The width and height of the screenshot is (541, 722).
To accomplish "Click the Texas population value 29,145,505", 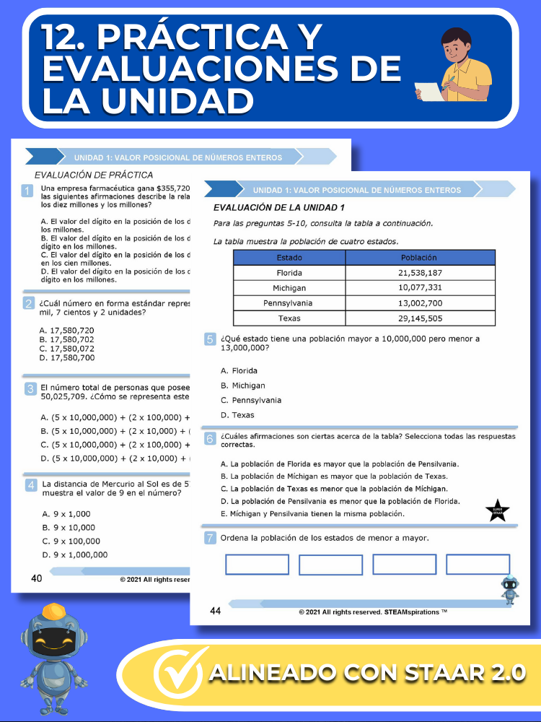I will pyautogui.click(x=420, y=318).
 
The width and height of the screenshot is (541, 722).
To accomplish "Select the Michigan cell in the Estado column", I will pyautogui.click(x=289, y=288).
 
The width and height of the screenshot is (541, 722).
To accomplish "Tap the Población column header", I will pyautogui.click(x=420, y=258).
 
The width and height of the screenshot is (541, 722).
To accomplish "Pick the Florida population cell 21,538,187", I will pyautogui.click(x=420, y=273).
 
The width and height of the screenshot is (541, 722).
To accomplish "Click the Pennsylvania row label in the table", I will pyautogui.click(x=289, y=303).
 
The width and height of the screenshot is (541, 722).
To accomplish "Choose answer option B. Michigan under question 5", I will pyautogui.click(x=243, y=386).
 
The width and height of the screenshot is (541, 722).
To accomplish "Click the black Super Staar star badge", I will pyautogui.click(x=498, y=511).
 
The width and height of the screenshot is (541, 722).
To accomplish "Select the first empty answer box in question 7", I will pyautogui.click(x=257, y=565).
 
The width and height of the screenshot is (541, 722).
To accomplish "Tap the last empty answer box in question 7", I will pyautogui.click(x=478, y=565).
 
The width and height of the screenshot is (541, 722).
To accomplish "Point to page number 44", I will pyautogui.click(x=215, y=612).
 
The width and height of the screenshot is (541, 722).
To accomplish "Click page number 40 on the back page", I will pyautogui.click(x=36, y=578).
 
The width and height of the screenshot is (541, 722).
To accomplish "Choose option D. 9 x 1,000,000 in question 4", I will pyautogui.click(x=75, y=554).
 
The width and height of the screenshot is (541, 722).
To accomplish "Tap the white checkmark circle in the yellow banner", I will pyautogui.click(x=177, y=675).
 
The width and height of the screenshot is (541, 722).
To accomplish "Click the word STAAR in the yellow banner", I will pyautogui.click(x=434, y=674).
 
